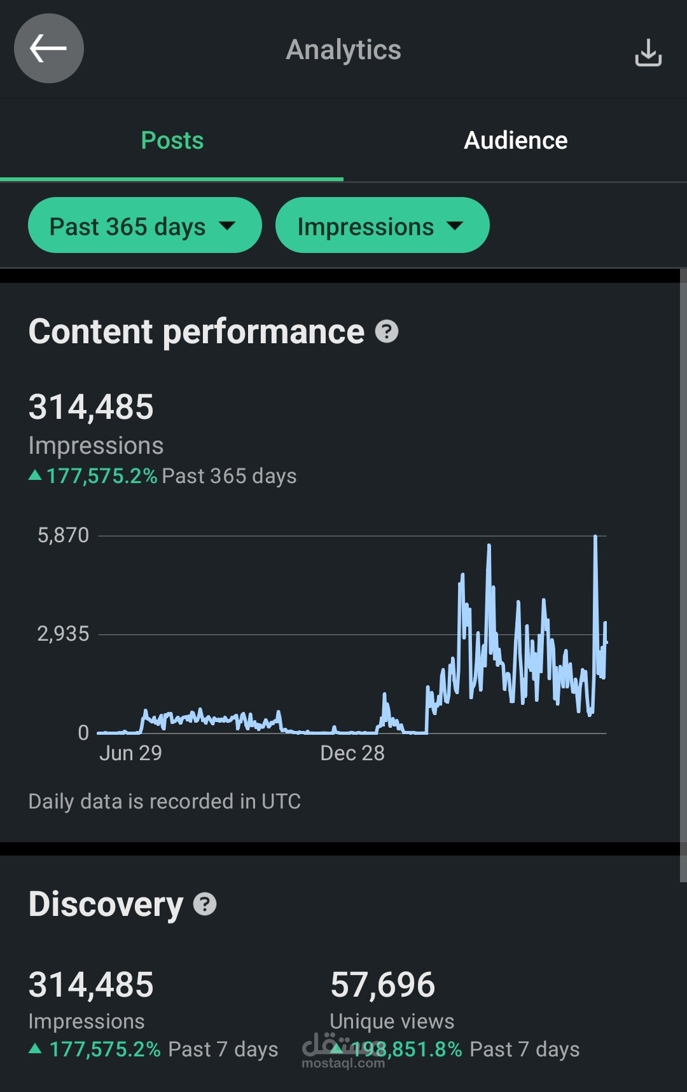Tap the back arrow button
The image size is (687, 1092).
pos(49,49)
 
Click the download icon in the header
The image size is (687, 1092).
pos(648,52)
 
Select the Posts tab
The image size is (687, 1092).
pos(172,140)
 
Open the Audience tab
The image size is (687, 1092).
pos(515,140)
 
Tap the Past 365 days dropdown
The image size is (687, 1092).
pos(144,226)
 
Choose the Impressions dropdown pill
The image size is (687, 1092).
pos(382,226)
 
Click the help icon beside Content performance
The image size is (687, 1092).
pos(387,331)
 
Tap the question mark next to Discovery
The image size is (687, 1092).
pos(205,904)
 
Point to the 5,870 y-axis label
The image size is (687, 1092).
pos(63,535)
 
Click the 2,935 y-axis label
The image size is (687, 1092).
pos(63,634)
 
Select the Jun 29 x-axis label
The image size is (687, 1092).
pos(130,753)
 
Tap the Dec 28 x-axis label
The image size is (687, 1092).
pos(352,753)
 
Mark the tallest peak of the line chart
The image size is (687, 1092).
pos(595,537)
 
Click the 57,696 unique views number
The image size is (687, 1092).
pos(382,985)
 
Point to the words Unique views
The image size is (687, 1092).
pos(392,1021)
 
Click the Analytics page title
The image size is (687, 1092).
pos(343,50)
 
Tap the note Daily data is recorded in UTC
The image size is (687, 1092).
pos(164,802)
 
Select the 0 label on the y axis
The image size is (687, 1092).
pos(83,732)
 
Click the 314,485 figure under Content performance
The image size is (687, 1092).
pos(91,407)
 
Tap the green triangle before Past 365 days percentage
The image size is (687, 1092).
pos(36,475)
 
